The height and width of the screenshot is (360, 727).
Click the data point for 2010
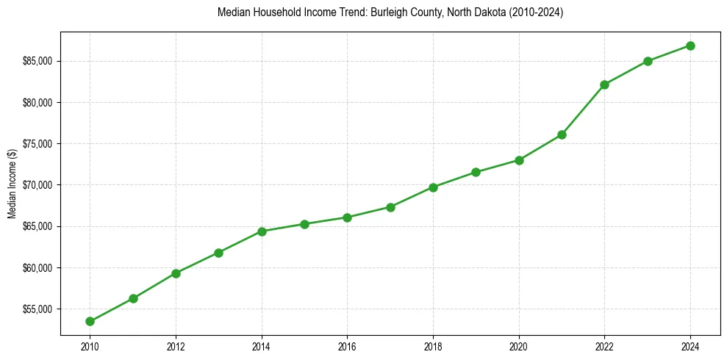pyautogui.click(x=90, y=321)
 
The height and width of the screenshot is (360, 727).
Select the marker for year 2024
pyautogui.click(x=690, y=46)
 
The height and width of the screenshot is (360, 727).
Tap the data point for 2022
pyautogui.click(x=604, y=84)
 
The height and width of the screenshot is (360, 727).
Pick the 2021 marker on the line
pyautogui.click(x=562, y=134)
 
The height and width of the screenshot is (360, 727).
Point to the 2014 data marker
pyautogui.click(x=262, y=231)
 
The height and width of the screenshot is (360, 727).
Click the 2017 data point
pyautogui.click(x=390, y=207)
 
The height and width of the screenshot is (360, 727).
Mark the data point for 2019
pyautogui.click(x=476, y=172)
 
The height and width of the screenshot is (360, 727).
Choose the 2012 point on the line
pyautogui.click(x=176, y=273)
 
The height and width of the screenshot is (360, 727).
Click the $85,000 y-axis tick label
pyautogui.click(x=39, y=61)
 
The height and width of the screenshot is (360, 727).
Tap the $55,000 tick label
pyautogui.click(x=39, y=309)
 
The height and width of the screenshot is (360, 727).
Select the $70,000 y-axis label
pyautogui.click(x=39, y=185)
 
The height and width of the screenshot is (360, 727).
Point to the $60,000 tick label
pyautogui.click(x=39, y=267)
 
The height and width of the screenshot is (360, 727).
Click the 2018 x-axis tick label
pyautogui.click(x=433, y=345)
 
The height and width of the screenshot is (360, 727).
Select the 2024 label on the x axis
pyautogui.click(x=690, y=345)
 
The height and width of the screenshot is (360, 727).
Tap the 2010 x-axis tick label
pyautogui.click(x=90, y=345)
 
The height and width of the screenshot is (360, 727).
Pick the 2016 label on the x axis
pyautogui.click(x=347, y=345)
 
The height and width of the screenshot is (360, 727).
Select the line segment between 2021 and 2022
pyautogui.click(x=583, y=109)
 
